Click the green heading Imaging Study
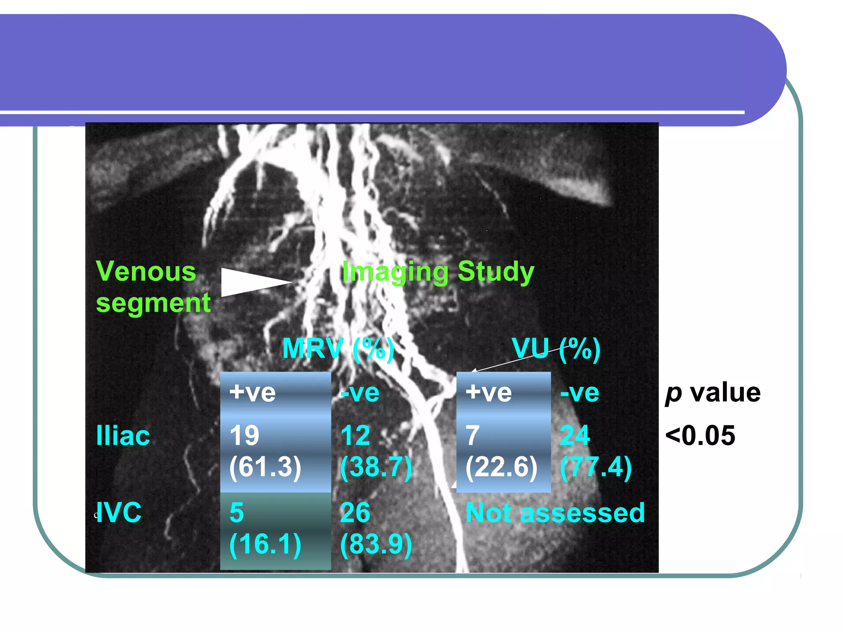point(438,272)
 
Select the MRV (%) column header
point(338,349)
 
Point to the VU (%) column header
point(556,349)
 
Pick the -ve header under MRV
point(359,393)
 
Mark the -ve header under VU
point(579,393)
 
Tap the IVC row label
point(119,513)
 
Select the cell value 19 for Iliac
point(245,435)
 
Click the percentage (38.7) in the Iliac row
point(376,467)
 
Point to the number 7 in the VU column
point(472,435)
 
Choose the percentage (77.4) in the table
point(596,467)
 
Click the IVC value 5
point(237,513)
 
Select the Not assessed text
point(555,513)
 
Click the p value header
point(713,393)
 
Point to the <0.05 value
point(700,435)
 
